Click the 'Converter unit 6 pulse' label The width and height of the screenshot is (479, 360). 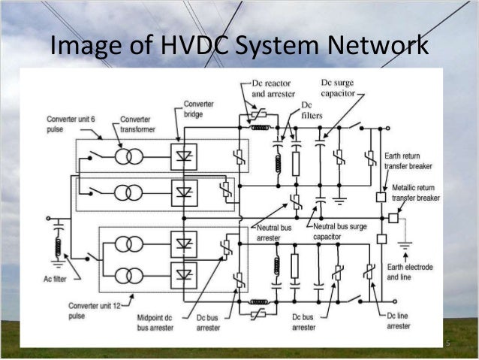tap(71, 124)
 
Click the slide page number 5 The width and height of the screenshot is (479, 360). tap(447, 344)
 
